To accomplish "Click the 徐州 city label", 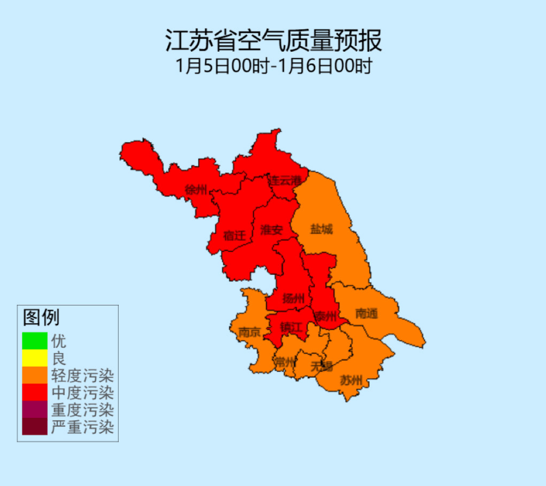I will pos(196,190).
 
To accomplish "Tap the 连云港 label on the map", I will pos(289,180).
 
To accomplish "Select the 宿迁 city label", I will pos(235,236).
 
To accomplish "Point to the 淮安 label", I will pos(272,230).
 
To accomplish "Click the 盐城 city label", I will pos(321,229).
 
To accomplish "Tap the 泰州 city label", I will pos(324,316).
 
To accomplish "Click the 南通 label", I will pos(366,314).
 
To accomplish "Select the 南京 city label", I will pos(249,333).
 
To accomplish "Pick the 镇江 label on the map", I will pos(290,327).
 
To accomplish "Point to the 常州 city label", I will pos(285,361).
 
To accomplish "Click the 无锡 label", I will pos(321,366).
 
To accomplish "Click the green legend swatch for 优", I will pos(34,340).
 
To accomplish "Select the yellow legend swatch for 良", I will pos(34,357).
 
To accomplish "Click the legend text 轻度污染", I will pos(82,375).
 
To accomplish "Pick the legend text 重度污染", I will pos(82,409).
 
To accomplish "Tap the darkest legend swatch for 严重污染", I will pos(34,427).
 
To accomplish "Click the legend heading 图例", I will pos(41,318).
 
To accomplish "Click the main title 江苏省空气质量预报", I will pos(273,41).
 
